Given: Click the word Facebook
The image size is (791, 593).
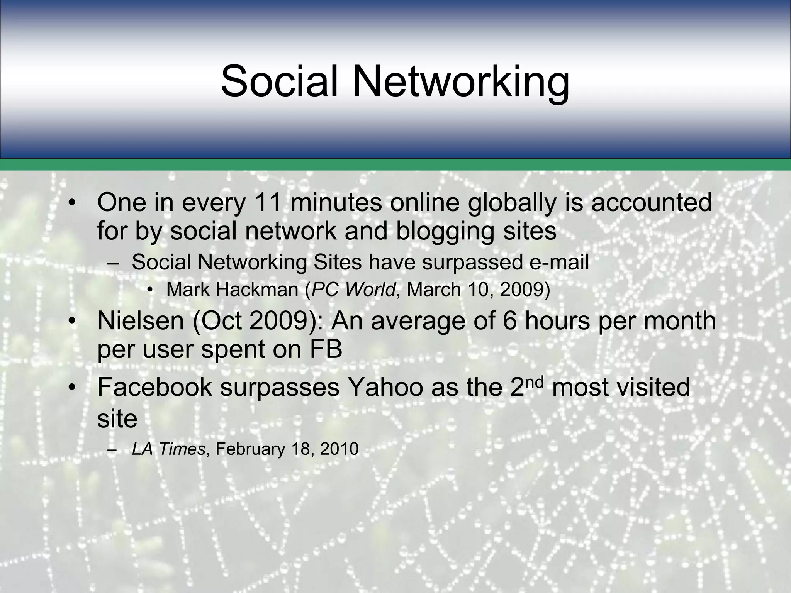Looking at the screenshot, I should [154, 387].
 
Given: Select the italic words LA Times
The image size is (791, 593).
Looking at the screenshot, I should [168, 449].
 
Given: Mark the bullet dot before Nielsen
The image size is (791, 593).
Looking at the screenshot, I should [71, 322].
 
